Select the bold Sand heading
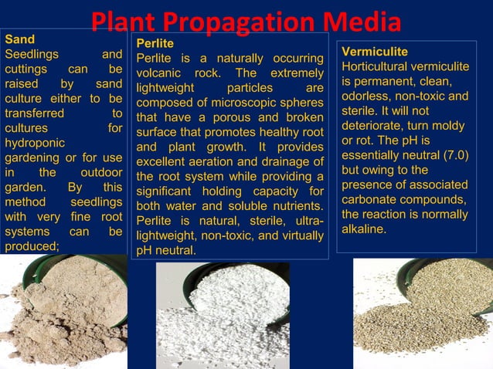(19, 38)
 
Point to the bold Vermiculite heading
(375, 52)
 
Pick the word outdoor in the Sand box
(101, 172)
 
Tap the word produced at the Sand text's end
(31, 245)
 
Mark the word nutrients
(295, 206)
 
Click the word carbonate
(367, 200)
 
